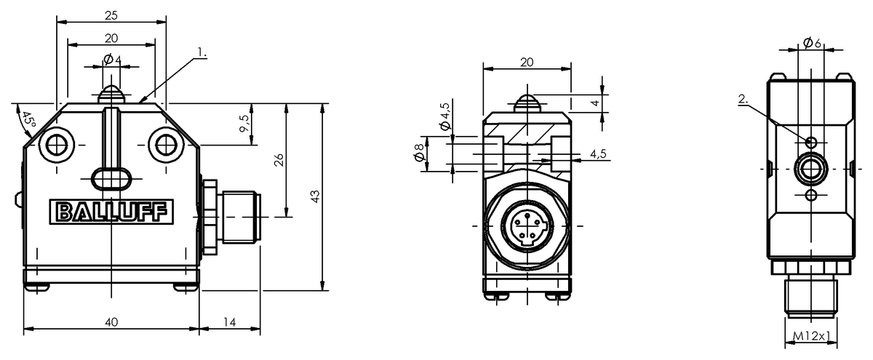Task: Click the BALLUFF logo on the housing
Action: (111, 212)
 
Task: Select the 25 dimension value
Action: (111, 15)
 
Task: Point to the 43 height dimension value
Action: (315, 196)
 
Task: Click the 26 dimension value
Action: (279, 160)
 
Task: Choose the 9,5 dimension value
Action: (244, 124)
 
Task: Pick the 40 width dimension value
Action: (111, 322)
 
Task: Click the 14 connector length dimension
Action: (230, 322)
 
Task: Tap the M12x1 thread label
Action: (811, 335)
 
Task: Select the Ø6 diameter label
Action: (812, 42)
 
